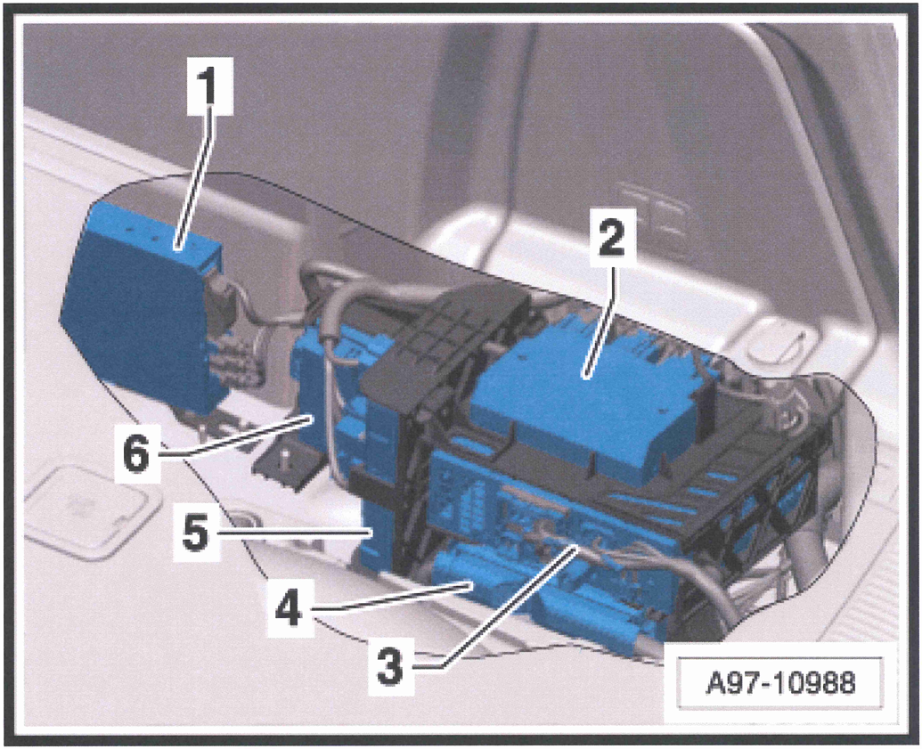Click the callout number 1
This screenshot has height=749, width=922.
[x=210, y=85]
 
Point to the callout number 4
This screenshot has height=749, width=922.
[x=290, y=607]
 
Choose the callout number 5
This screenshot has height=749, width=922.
[x=194, y=533]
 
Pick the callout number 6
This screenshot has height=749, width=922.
[x=136, y=452]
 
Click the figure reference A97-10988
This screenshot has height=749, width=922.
[x=780, y=683]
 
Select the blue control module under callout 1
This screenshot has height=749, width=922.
[x=141, y=305]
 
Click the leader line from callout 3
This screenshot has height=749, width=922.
[x=509, y=607]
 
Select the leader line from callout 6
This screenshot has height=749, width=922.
[x=235, y=435]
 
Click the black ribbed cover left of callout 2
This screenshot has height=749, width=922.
[x=444, y=341]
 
